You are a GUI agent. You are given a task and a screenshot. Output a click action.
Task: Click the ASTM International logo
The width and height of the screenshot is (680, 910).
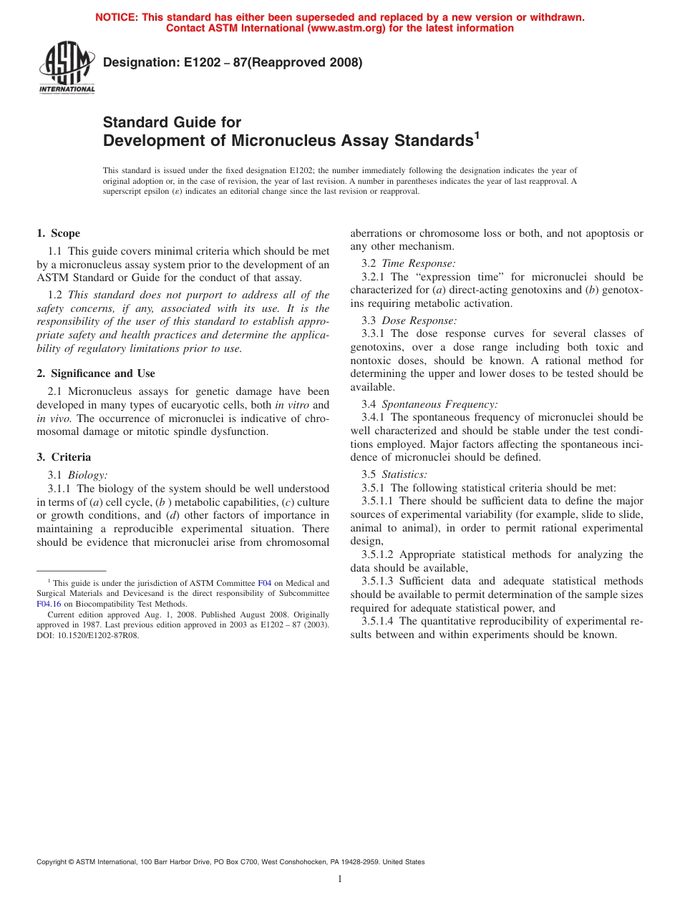[67, 68]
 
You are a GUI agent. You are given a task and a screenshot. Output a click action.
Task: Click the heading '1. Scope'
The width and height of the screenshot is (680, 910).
[58, 233]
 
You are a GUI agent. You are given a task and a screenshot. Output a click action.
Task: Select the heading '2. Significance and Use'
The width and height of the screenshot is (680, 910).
[96, 373]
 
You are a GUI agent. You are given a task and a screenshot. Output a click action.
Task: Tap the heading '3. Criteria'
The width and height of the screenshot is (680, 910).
[64, 457]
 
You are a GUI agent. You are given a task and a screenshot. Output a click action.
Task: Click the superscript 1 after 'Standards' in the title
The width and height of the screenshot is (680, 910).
[476, 135]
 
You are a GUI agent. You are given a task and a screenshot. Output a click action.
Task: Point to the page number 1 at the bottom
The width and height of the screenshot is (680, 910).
[340, 879]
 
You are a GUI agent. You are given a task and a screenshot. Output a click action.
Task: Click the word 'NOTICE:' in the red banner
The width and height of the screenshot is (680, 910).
[117, 17]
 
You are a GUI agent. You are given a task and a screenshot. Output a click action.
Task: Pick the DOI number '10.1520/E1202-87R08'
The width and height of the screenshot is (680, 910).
[100, 634]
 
